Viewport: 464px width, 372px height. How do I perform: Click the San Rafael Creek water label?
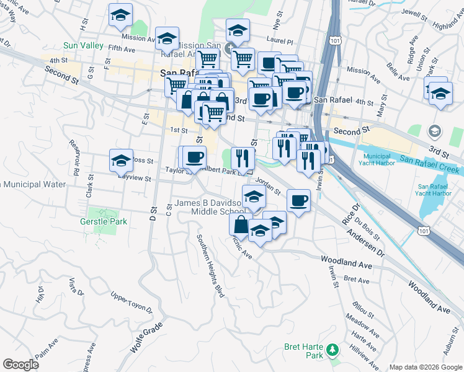click(x=429, y=164)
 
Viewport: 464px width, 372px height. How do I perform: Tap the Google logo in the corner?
click(x=20, y=364)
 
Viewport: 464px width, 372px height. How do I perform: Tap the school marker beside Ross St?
click(x=122, y=159)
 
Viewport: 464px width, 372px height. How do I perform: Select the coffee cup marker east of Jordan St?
click(x=298, y=200)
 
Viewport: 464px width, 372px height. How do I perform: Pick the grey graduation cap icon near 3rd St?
click(x=434, y=131)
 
